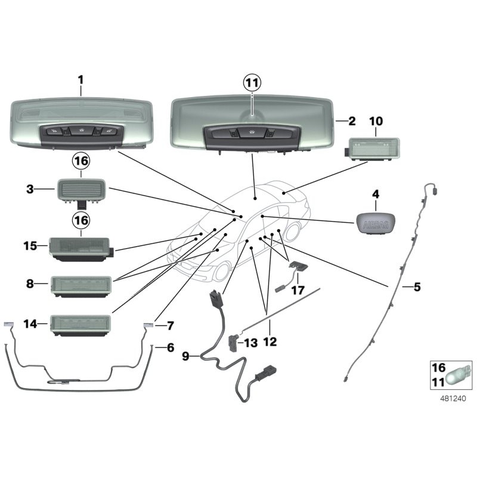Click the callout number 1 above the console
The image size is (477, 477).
tap(80, 80)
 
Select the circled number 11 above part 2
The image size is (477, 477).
tap(252, 83)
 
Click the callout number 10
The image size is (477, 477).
tap(376, 121)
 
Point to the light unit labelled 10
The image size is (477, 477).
tap(372, 148)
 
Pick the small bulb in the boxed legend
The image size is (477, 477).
tap(459, 376)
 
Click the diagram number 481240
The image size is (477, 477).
tap(453, 398)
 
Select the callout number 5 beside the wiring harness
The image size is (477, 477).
tap(417, 287)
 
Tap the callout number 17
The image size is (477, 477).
tap(298, 290)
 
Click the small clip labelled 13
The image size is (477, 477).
tap(234, 343)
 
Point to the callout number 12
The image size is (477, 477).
tap(270, 342)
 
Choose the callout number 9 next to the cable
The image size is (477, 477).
tap(185, 356)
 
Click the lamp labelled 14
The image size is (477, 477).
tap(80, 326)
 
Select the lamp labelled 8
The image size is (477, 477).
tap(81, 287)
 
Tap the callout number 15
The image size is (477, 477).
tap(30, 246)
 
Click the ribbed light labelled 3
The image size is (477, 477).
tap(82, 191)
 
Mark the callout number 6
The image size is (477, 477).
tap(171, 348)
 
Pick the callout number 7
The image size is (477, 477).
tap(171, 326)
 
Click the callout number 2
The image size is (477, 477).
tap(352, 121)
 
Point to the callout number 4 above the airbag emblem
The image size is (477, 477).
tap(376, 194)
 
